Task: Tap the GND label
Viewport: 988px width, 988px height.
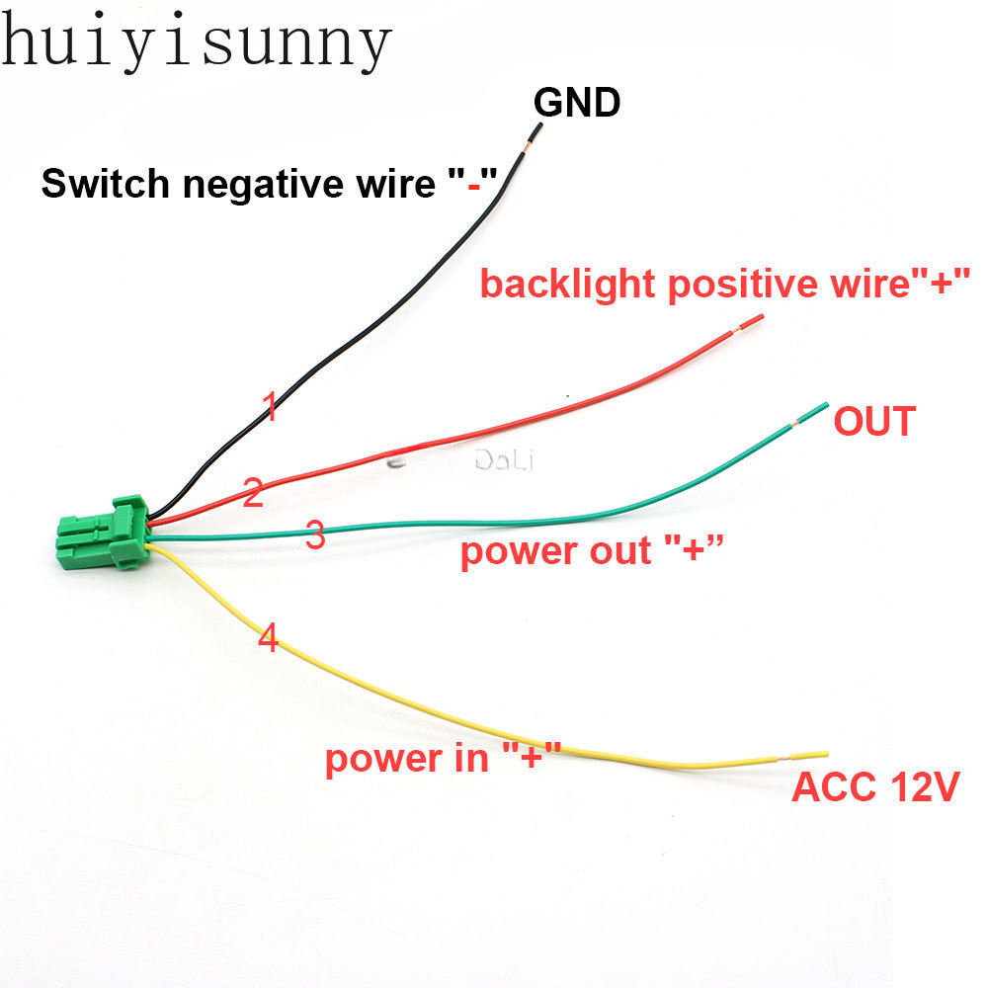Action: (x=577, y=103)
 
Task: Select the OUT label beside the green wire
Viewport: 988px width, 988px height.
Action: (x=874, y=422)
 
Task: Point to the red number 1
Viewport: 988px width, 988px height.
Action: (x=269, y=406)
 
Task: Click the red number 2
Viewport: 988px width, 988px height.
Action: (x=253, y=493)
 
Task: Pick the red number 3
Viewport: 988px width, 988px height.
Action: (x=315, y=535)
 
